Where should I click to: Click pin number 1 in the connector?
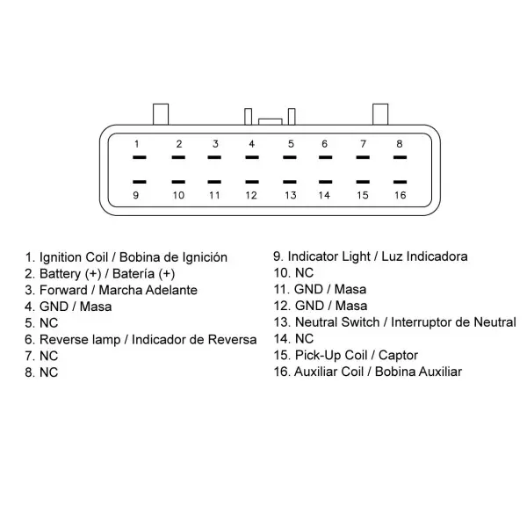click(136, 144)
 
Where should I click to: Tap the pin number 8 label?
click(400, 144)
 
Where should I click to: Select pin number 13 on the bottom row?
click(291, 195)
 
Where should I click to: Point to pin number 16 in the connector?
click(400, 195)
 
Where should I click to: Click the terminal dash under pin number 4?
click(252, 157)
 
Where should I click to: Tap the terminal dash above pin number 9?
click(140, 182)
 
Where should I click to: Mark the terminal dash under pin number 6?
click(325, 157)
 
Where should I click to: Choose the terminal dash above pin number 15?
click(363, 182)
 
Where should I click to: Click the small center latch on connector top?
click(271, 122)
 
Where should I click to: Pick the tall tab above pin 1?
click(161, 114)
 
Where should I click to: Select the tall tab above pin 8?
click(380, 114)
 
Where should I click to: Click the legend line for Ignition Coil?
click(126, 257)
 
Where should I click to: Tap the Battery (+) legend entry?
click(100, 274)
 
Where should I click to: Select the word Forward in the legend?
click(63, 290)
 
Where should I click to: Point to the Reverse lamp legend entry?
click(141, 340)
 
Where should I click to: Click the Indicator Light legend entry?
click(371, 256)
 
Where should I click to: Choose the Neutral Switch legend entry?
click(395, 322)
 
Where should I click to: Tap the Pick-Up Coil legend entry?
click(346, 355)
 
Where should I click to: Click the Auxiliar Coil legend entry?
click(368, 372)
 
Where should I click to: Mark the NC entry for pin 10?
click(293, 273)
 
